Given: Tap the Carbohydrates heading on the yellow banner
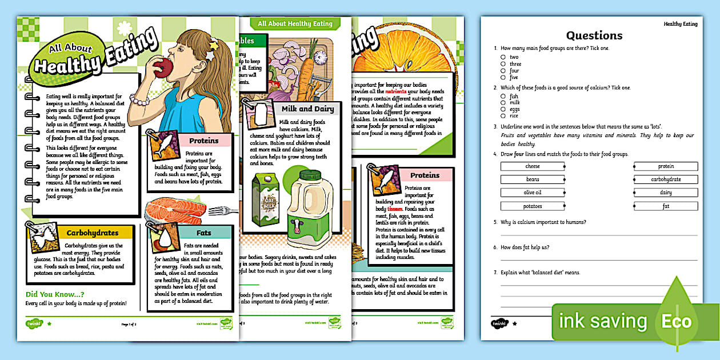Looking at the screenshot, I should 92,233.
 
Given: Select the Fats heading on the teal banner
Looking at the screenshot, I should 203,233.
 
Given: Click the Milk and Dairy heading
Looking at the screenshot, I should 305,109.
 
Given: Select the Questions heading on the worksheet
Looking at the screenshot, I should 594,35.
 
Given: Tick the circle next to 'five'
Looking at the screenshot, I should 503,77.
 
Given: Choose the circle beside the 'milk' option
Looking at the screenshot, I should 503,103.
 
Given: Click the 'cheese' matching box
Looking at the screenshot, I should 532,166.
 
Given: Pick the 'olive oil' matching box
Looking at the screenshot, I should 532,193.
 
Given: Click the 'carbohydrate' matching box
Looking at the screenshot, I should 666,179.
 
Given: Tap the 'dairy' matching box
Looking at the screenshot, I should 666,193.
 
